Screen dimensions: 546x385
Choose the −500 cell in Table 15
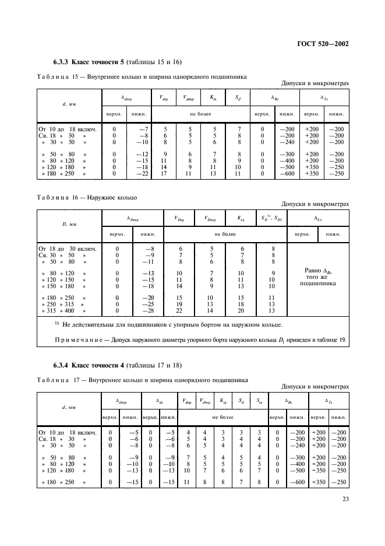tap(284, 167)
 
